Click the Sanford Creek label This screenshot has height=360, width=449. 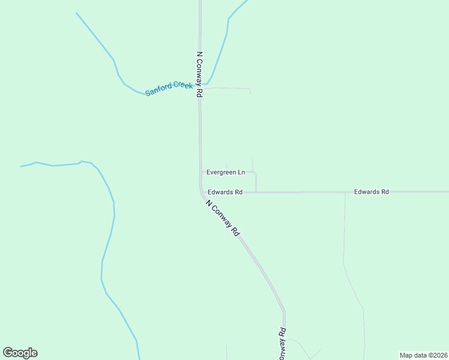169,89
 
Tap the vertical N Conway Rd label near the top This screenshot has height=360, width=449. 200,74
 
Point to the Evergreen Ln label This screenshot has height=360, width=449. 226,172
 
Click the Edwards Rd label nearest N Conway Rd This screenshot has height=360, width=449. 225,192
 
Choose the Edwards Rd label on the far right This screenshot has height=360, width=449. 372,191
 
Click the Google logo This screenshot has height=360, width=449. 20,353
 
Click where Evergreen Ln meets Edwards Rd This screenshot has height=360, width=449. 256,192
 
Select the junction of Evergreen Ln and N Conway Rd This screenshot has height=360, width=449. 201,172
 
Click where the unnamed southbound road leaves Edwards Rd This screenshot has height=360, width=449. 345,193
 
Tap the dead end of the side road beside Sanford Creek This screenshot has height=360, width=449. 250,94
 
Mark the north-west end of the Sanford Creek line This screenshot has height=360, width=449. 76,13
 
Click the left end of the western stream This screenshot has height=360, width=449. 21,166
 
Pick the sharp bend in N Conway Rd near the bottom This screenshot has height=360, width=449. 285,312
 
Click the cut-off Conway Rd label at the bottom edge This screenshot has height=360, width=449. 281,344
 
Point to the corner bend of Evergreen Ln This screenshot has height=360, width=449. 256,173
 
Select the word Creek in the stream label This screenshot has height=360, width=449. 183,86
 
